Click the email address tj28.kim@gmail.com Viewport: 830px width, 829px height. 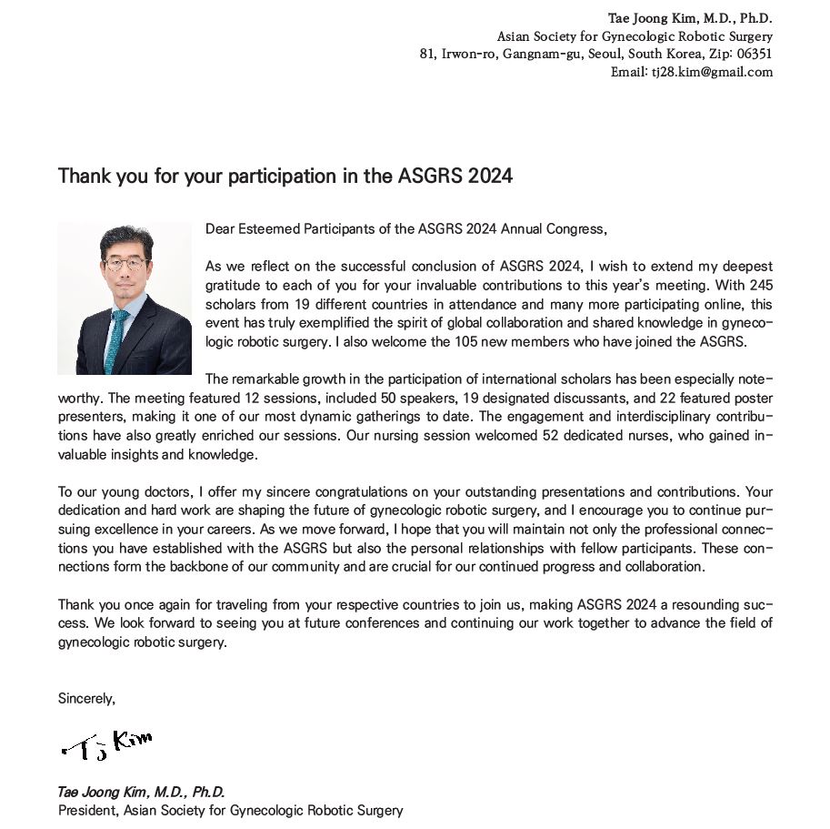tap(711, 72)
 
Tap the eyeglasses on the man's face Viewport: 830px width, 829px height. tap(125, 266)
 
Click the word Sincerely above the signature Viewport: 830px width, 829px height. tap(86, 699)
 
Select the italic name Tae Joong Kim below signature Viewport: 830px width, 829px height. tap(105, 792)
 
